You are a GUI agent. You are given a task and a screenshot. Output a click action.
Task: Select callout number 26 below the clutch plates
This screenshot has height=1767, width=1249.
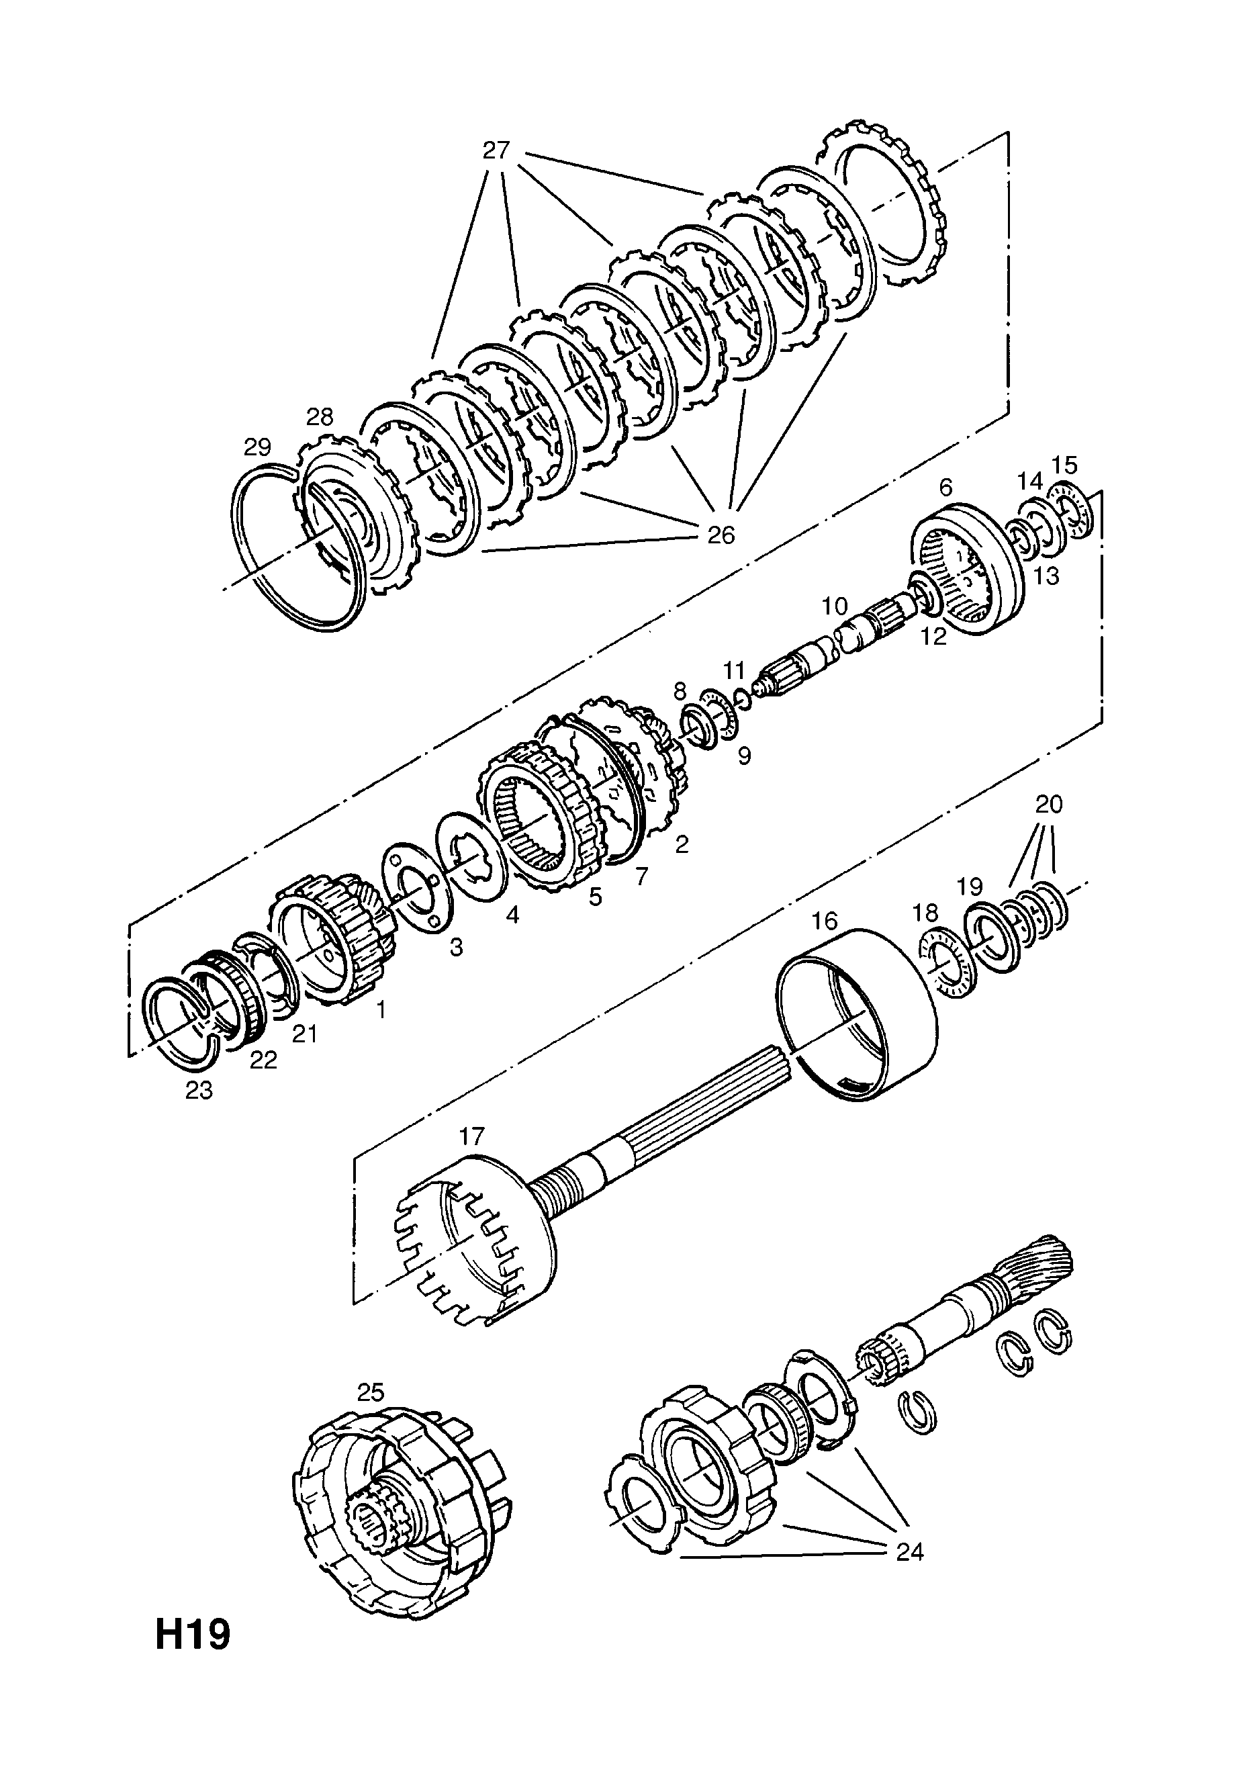[x=721, y=534]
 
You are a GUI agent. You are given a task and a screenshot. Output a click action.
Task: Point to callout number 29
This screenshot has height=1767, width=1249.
[x=258, y=447]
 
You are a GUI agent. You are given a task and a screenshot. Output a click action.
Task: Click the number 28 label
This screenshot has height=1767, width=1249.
[x=320, y=416]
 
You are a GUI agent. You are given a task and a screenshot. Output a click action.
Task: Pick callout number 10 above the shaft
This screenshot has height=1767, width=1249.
[x=833, y=606]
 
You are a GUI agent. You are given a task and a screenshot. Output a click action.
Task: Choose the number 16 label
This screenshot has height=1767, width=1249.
[x=824, y=921]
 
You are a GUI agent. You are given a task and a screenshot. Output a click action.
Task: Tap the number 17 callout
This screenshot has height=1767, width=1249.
[x=473, y=1136]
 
